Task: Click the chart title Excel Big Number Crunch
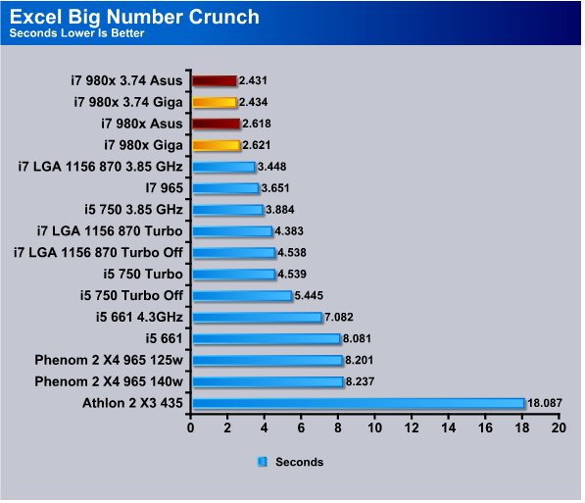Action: pyautogui.click(x=134, y=18)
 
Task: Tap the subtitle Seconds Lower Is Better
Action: pyautogui.click(x=76, y=33)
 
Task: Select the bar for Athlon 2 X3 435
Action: pyautogui.click(x=359, y=403)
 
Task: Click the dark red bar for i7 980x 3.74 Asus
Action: pyautogui.click(x=215, y=80)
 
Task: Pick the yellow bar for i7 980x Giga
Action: pyautogui.click(x=216, y=145)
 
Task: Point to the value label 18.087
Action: pyautogui.click(x=544, y=403)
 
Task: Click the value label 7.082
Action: pyautogui.click(x=339, y=317)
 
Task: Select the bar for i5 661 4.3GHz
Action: pyautogui.click(x=257, y=318)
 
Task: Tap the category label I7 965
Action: pyautogui.click(x=165, y=188)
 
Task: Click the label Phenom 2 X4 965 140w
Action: pyautogui.click(x=109, y=381)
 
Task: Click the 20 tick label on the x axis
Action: pyautogui.click(x=559, y=428)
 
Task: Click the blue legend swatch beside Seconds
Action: pyautogui.click(x=263, y=462)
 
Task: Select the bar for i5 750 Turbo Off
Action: pyautogui.click(x=242, y=296)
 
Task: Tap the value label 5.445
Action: pyautogui.click(x=309, y=296)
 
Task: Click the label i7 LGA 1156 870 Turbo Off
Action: pyautogui.click(x=98, y=253)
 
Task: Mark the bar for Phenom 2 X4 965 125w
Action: pyautogui.click(x=268, y=361)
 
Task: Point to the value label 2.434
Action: pyautogui.click(x=254, y=102)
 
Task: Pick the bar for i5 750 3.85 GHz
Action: pyautogui.click(x=227, y=210)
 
